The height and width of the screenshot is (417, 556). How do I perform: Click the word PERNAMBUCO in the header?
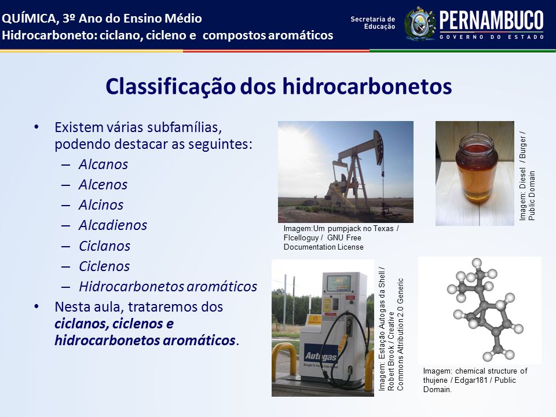(x=492, y=21)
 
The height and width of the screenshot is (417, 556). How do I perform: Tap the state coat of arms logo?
(x=420, y=24)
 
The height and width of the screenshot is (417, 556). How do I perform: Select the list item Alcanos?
(x=103, y=164)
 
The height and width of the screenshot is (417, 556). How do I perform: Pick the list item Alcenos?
(x=103, y=185)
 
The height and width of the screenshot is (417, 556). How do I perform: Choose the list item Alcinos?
(x=101, y=205)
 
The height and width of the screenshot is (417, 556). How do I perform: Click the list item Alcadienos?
(x=113, y=225)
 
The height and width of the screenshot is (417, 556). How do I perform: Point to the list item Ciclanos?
(x=105, y=246)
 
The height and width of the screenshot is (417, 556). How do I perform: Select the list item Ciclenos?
(x=104, y=266)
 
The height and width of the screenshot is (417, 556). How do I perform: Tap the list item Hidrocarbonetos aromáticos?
(x=168, y=287)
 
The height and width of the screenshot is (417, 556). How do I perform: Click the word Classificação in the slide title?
(x=170, y=87)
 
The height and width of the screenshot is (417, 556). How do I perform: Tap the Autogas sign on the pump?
(x=321, y=356)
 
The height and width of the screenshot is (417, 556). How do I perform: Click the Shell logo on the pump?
(x=314, y=320)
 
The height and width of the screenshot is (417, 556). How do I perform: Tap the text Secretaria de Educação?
(x=372, y=23)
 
